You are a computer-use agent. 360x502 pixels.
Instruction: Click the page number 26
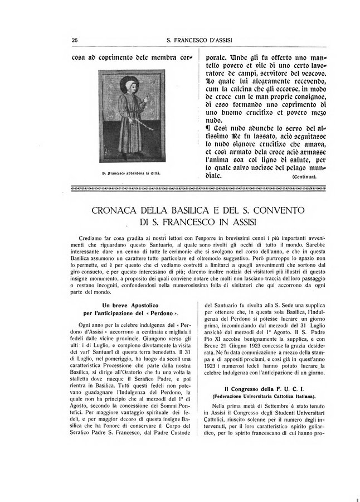point(74,40)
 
